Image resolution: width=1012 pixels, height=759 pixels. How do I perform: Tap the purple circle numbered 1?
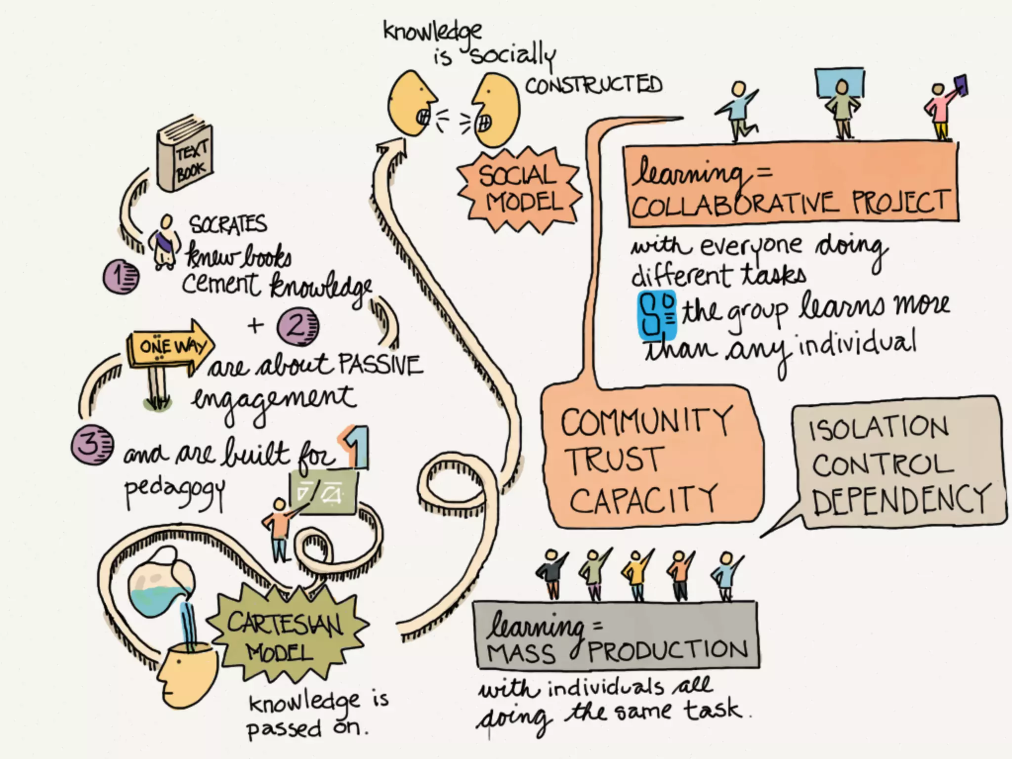tap(121, 277)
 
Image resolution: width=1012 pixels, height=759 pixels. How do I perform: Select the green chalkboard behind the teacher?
tap(324, 492)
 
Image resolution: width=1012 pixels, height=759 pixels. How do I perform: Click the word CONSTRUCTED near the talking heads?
tap(593, 85)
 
